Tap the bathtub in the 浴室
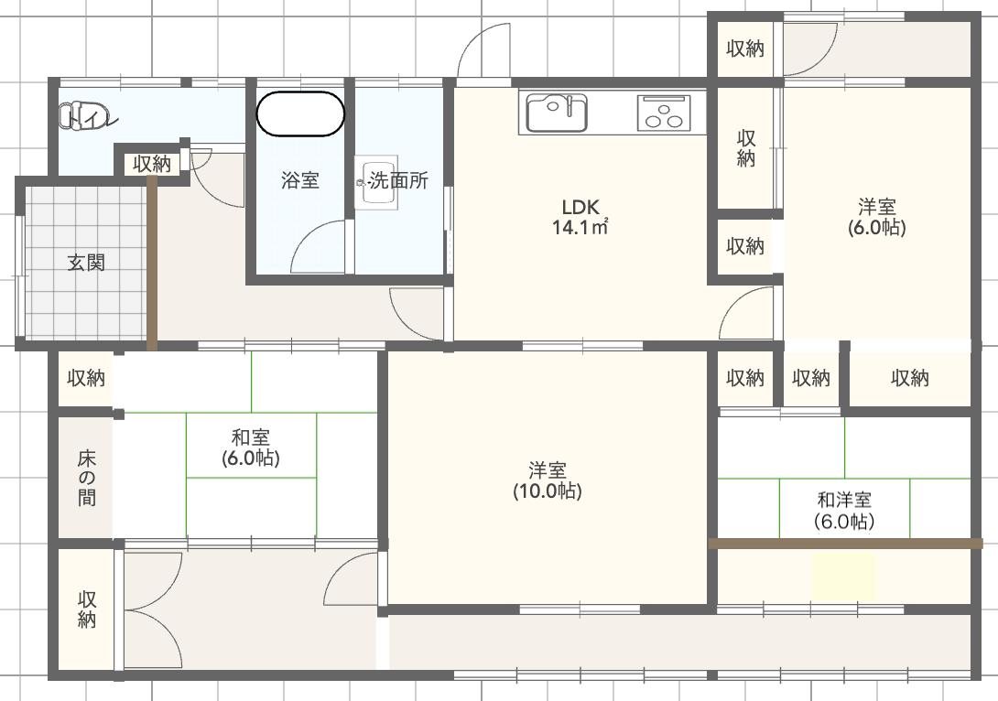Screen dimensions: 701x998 pos(299,114)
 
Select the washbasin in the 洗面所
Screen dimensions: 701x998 pos(379,185)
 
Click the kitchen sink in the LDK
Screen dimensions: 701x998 pos(556,113)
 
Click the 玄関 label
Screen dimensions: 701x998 pos(86,264)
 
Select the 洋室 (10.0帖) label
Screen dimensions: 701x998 pos(547,480)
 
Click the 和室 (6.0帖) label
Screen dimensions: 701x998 pos(250,448)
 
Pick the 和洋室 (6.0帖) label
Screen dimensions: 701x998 pos(843,511)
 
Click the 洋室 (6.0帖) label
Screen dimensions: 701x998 pos(876,217)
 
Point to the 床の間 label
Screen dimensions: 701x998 pos(86,478)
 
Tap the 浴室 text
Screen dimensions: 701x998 pos(299,180)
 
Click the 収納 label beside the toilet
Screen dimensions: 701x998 pos(151,165)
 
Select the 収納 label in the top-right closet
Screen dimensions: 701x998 pos(745,49)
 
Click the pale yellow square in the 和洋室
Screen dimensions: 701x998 pos(843,577)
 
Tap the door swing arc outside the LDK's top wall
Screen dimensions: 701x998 pos(484,50)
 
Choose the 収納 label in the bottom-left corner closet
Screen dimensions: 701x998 pos(87,609)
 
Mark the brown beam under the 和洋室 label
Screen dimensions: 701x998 pos(845,544)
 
